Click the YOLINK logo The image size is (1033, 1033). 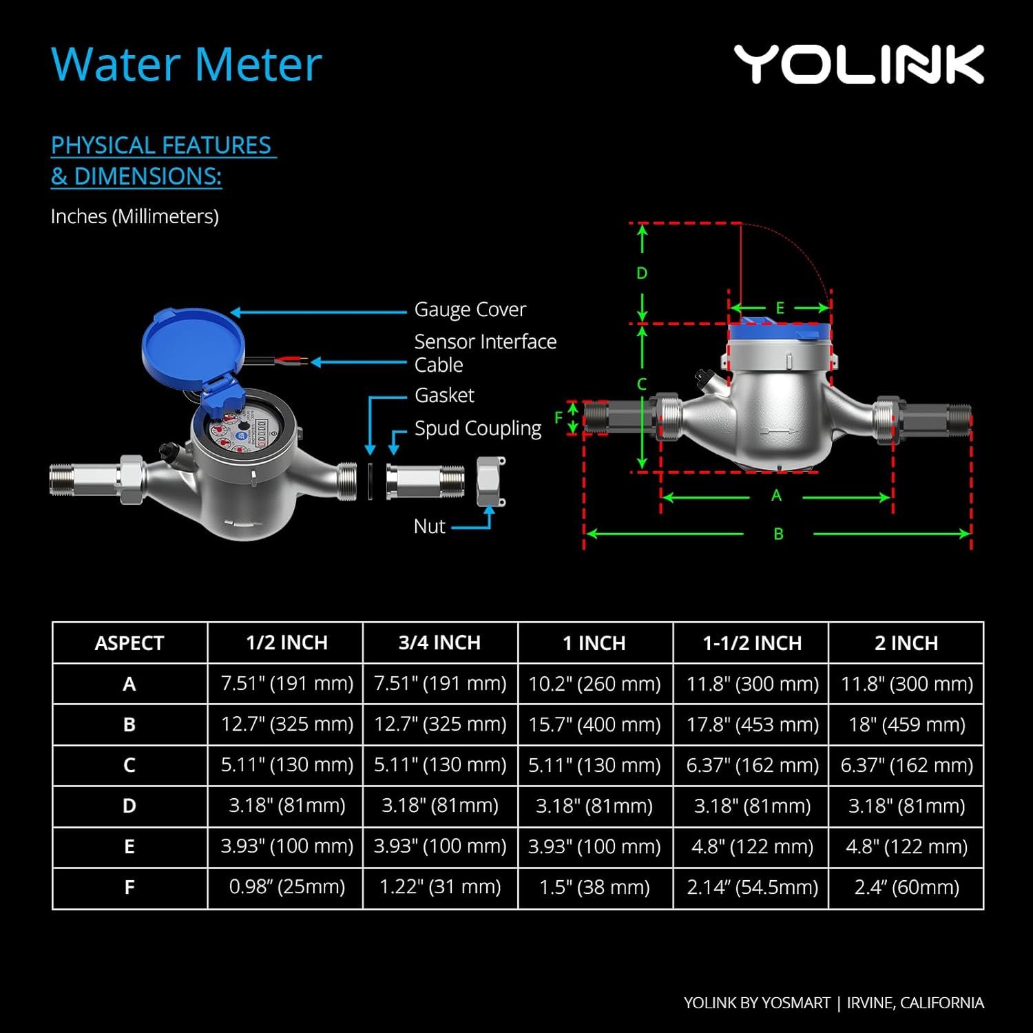[x=859, y=65]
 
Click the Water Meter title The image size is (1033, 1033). [x=187, y=65]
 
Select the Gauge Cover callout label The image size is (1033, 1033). [x=470, y=310]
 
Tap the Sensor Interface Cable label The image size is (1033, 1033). [x=485, y=353]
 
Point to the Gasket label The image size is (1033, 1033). [x=444, y=395]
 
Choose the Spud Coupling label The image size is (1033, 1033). [x=478, y=428]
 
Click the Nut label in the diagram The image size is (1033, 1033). [x=430, y=526]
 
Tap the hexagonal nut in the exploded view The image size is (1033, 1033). [x=490, y=482]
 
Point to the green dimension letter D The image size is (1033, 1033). [x=642, y=273]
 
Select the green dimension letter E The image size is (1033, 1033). [x=780, y=308]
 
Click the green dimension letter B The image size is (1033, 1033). [x=778, y=534]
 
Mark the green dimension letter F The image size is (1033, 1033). [x=559, y=417]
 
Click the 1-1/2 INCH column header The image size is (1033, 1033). [x=752, y=643]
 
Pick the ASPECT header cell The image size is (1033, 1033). [x=129, y=643]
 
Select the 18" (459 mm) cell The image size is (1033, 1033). [x=907, y=724]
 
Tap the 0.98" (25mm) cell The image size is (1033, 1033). [x=287, y=887]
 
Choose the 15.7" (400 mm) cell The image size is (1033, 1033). [x=594, y=724]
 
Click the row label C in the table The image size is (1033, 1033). [x=129, y=765]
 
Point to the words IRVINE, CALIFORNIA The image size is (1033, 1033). [x=915, y=1003]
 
